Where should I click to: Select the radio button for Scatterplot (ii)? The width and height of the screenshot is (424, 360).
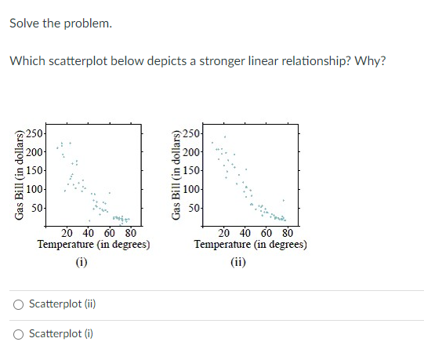click(17, 304)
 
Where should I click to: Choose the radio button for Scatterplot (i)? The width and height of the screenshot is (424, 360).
click(17, 333)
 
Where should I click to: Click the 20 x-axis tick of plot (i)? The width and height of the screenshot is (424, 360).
click(67, 233)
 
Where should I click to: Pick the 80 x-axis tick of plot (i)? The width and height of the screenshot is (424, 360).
click(131, 233)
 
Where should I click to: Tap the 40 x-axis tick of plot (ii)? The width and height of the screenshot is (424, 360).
click(245, 233)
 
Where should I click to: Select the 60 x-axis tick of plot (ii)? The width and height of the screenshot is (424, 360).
click(266, 233)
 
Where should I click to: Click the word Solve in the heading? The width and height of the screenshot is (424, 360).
click(25, 24)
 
